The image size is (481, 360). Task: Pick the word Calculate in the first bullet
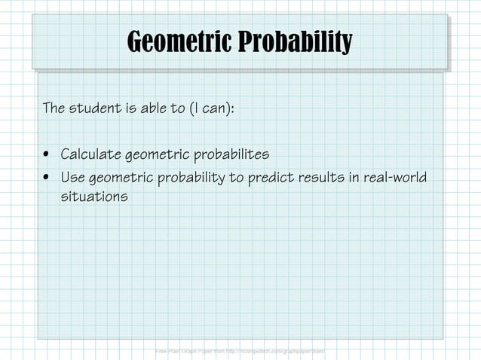pos(90,155)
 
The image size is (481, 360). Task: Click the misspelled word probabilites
pos(231,155)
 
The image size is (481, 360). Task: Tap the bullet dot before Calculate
pos(48,156)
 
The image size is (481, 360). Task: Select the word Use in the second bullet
pos(72,178)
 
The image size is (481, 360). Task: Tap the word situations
pos(93,197)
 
